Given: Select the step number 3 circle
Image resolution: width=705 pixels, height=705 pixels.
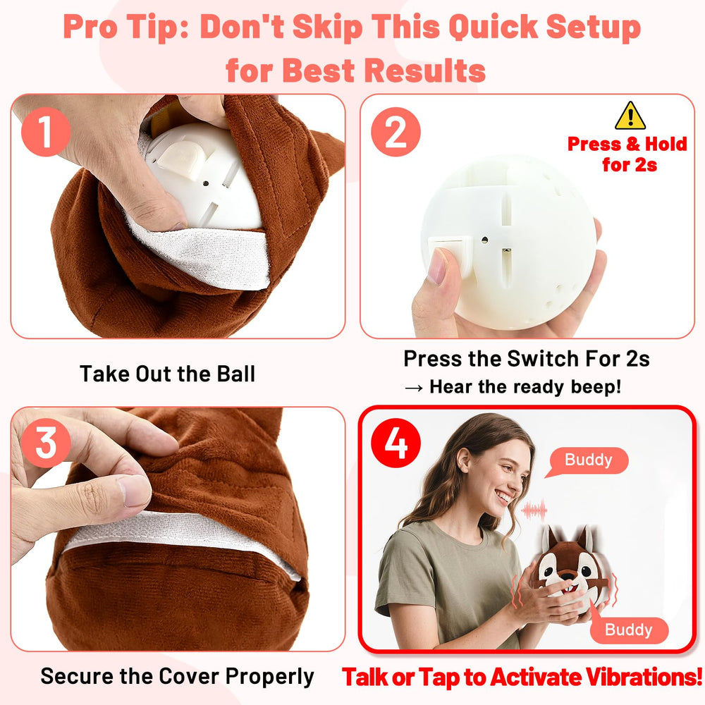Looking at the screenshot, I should click(46, 445).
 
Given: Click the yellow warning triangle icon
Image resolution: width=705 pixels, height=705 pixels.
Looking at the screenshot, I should click(630, 116).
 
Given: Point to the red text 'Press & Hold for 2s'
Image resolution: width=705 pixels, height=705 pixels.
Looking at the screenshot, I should click(627, 154).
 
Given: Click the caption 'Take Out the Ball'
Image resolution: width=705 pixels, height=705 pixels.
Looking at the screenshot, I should click(167, 374).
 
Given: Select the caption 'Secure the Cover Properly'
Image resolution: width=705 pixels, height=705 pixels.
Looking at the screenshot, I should click(177, 677).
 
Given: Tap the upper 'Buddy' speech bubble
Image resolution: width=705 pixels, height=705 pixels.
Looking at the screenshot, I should click(589, 460).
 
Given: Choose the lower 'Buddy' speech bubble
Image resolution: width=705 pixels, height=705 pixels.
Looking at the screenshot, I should click(628, 630).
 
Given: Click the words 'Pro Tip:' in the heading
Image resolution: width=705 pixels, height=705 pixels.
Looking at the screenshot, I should click(125, 28).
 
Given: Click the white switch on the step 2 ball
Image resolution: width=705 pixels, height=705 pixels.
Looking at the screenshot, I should click(451, 248).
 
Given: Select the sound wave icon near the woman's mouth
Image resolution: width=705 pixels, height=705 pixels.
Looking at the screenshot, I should click(534, 509).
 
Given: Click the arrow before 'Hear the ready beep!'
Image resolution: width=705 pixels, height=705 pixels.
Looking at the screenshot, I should click(413, 387).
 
